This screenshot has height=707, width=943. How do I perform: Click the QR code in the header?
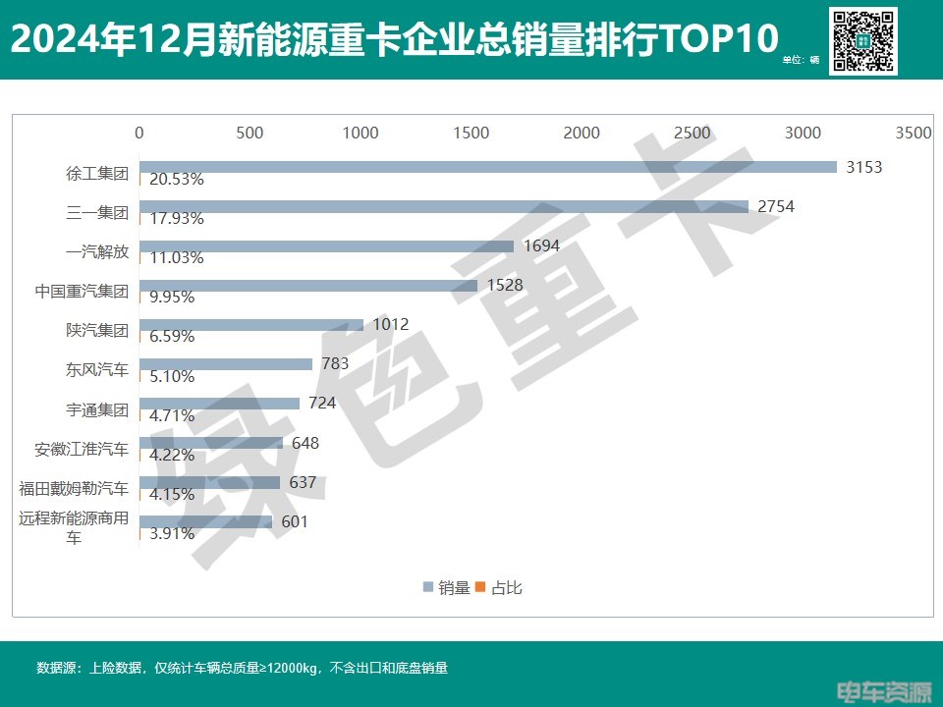coord(863,41)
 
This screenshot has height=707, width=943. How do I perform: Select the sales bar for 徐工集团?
coord(487,167)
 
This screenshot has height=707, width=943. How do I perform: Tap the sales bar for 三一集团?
coord(443,207)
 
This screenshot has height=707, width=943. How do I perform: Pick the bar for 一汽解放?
coord(326,246)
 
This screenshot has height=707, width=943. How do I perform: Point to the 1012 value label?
coord(391,324)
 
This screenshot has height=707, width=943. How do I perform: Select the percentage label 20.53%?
coord(177,180)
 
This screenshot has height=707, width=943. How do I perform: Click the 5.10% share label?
coord(173,376)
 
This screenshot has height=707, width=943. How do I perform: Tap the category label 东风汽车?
coord(95,370)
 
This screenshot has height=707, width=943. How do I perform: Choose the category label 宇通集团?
coord(95,409)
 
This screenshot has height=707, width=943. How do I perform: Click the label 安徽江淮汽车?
coord(81,450)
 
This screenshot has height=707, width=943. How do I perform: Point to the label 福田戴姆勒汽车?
coord(74,489)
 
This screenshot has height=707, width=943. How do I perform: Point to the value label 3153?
coord(864,167)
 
